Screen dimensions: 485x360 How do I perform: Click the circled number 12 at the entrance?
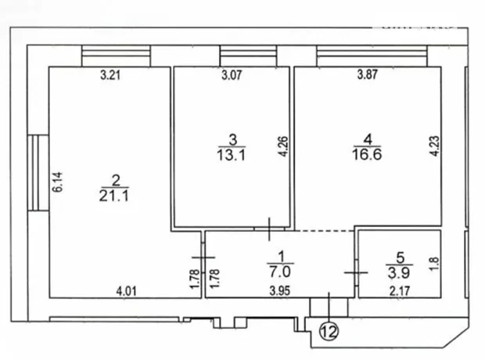click(x=329, y=332)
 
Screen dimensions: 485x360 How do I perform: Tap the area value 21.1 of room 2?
click(x=114, y=196)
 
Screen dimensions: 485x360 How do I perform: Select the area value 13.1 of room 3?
click(x=231, y=155)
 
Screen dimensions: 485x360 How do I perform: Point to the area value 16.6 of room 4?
click(x=367, y=154)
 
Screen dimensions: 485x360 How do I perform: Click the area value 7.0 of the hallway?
click(x=279, y=272)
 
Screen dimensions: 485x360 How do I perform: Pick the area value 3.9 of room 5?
click(x=399, y=272)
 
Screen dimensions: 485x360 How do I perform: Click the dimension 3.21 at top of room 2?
click(x=110, y=75)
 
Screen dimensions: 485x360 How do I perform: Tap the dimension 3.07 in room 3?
click(x=232, y=75)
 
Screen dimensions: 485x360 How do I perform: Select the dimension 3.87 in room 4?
click(x=368, y=74)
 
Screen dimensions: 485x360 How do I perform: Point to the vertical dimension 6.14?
click(x=57, y=182)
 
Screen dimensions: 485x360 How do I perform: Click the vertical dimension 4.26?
click(x=283, y=146)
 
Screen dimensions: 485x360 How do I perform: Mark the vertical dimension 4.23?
click(x=434, y=146)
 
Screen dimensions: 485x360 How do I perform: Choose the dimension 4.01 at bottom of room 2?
click(x=126, y=291)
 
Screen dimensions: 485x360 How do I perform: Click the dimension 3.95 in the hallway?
click(x=279, y=291)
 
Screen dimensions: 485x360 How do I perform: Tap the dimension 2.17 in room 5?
click(x=400, y=291)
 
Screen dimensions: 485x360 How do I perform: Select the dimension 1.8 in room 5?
click(x=434, y=264)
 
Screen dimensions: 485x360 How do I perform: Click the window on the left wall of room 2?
click(x=38, y=173)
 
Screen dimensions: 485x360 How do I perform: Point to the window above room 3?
click(x=249, y=56)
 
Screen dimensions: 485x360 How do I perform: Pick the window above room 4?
click(x=372, y=56)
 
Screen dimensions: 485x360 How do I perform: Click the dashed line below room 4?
click(x=324, y=231)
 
